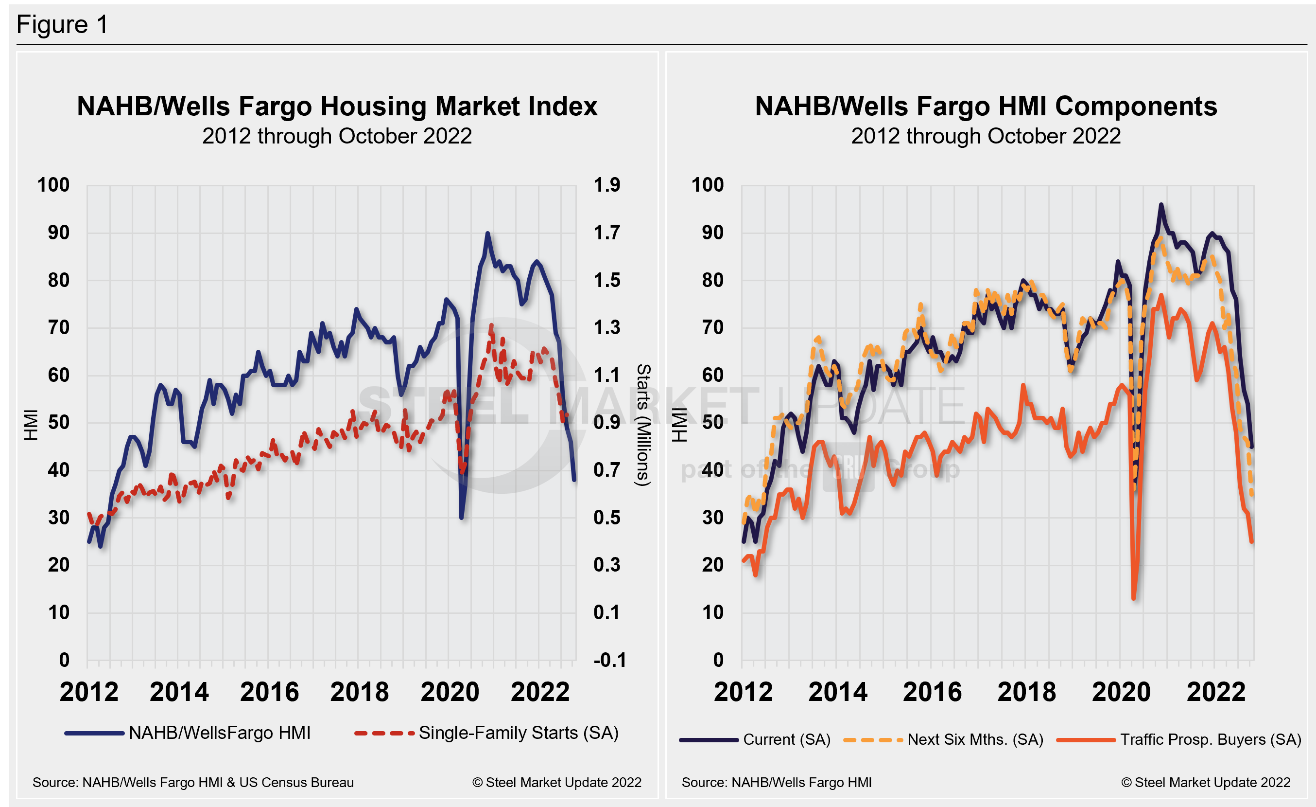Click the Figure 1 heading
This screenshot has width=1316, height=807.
click(63, 25)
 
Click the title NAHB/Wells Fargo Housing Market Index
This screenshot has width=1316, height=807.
click(337, 106)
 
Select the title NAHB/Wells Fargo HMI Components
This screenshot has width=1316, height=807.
click(986, 106)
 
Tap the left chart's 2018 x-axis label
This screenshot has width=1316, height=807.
click(360, 692)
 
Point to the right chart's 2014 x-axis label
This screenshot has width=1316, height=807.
click(837, 692)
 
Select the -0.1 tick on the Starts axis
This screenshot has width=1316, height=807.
click(609, 660)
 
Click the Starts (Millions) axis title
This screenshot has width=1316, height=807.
click(643, 425)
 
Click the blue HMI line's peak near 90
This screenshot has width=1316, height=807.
click(487, 233)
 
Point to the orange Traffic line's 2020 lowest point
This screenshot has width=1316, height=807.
click(1133, 597)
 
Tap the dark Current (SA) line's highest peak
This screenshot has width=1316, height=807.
click(1161, 205)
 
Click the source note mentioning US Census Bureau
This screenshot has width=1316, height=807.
click(193, 782)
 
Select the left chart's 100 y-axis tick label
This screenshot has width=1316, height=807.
click(53, 185)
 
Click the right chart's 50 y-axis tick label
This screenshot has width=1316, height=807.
click(713, 422)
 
